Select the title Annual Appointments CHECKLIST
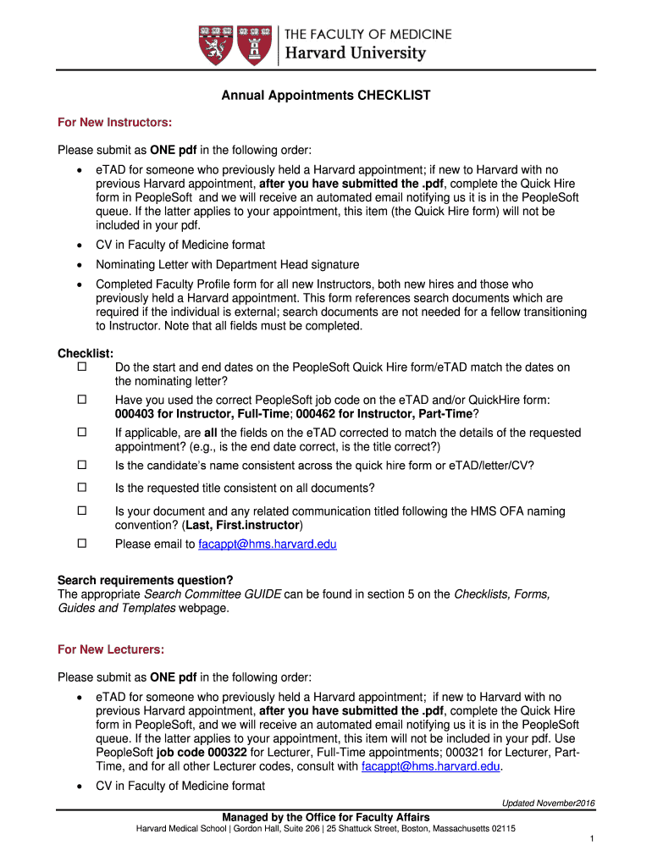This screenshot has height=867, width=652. [x=326, y=96]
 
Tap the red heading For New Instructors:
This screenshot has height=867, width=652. [x=114, y=124]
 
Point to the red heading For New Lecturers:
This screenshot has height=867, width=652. [x=111, y=649]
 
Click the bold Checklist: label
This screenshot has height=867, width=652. [x=86, y=354]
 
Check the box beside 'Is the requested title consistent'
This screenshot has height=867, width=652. [x=82, y=487]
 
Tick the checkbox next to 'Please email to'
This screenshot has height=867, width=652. [x=82, y=544]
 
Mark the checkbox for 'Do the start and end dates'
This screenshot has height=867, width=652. [x=82, y=367]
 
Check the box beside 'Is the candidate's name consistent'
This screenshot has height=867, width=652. [x=82, y=464]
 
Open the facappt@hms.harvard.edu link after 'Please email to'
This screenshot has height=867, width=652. [x=267, y=544]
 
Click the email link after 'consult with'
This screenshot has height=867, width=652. [x=431, y=766]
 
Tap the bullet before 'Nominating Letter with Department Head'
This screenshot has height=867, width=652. [x=79, y=265]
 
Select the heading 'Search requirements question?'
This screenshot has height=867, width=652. [x=144, y=580]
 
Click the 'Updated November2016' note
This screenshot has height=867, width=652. [x=549, y=803]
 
